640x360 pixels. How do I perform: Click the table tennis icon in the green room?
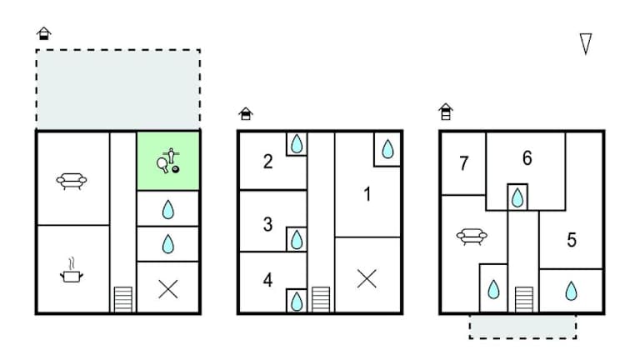point(168,161)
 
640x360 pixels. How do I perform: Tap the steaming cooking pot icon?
point(72,270)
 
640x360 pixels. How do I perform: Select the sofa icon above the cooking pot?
point(70,179)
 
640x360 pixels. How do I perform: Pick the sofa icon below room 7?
point(472,237)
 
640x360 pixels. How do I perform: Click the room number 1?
point(367,195)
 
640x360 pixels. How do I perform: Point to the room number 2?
point(267,162)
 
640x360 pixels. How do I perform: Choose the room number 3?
point(267,223)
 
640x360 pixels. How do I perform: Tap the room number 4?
point(267,280)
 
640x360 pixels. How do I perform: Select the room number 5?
point(572,241)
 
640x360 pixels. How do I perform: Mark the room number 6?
point(527,157)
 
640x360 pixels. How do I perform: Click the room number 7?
point(463,163)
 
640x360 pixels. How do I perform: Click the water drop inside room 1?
point(387,149)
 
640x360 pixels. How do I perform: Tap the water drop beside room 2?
point(297,144)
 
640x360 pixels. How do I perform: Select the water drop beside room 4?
point(297,300)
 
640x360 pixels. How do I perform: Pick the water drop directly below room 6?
point(517,197)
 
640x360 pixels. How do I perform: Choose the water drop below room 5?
point(571,291)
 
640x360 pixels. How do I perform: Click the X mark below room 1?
point(367,279)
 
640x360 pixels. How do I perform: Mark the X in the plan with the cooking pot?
point(168,288)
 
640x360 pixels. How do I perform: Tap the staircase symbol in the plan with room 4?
point(321,299)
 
